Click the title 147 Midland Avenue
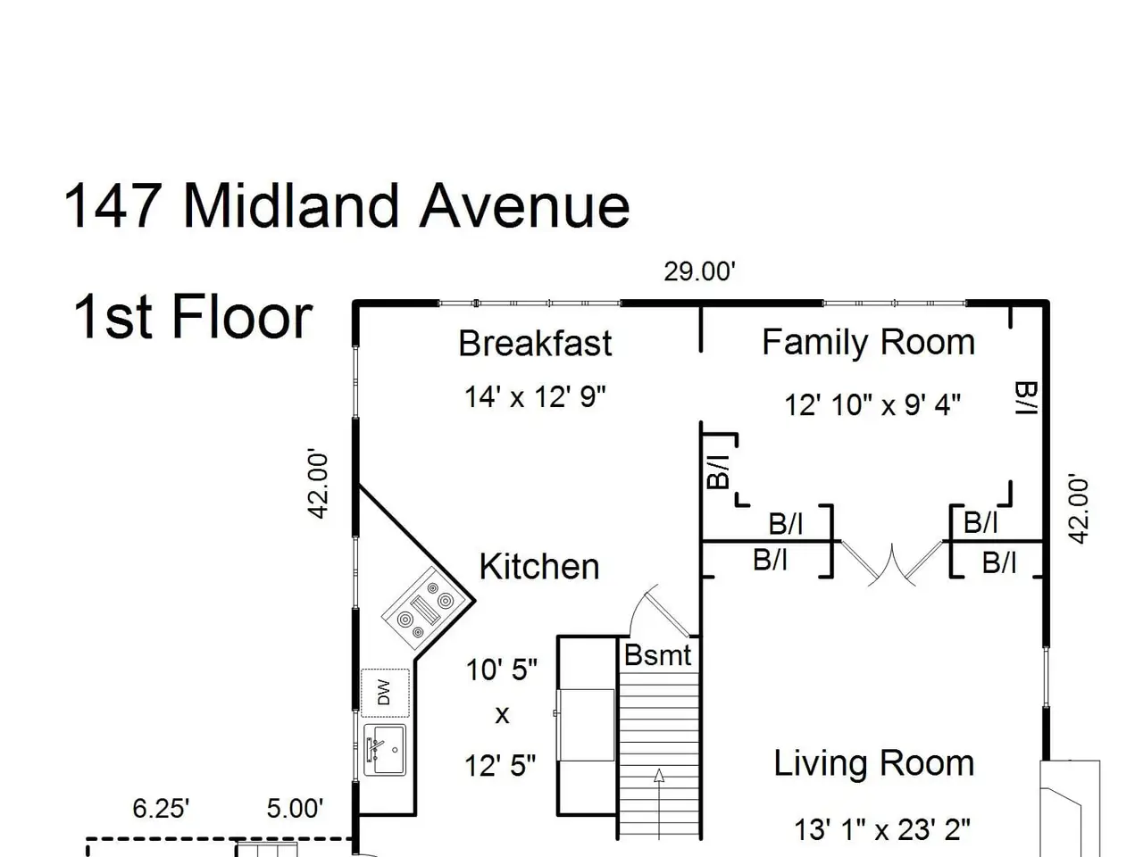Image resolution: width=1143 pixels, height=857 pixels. [x=346, y=206]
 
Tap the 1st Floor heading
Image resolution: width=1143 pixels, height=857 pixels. [x=193, y=317]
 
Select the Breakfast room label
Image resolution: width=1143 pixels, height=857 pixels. [x=535, y=344]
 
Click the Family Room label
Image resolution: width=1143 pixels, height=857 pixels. [x=868, y=343]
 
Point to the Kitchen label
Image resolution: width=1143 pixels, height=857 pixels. [x=539, y=566]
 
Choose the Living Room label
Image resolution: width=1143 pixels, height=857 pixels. [x=874, y=763]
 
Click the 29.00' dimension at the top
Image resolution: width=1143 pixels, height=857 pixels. [x=699, y=271]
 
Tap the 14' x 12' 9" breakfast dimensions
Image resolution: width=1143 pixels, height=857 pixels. [x=535, y=396]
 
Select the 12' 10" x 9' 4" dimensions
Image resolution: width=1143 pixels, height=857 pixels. [x=872, y=404]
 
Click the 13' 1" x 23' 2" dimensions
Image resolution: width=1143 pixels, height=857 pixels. [x=882, y=829]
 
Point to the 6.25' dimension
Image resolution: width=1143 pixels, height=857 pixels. [x=161, y=809]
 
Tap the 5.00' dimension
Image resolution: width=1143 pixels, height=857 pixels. [x=295, y=809]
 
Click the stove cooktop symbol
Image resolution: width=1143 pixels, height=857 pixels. [x=424, y=609]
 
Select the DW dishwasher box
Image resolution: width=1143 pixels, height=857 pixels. [x=385, y=693]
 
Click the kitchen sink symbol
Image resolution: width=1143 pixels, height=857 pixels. [x=384, y=750]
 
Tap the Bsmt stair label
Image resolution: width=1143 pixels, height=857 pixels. [x=657, y=654]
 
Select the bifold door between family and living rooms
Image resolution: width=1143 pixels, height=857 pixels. [x=891, y=564]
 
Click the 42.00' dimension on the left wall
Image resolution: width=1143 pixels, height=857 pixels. [x=318, y=484]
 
